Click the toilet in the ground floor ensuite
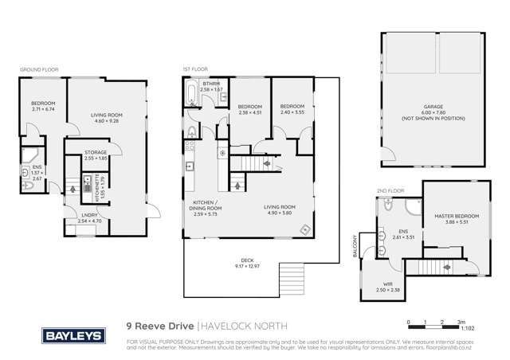coord(29,185)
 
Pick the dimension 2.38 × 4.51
coord(250,112)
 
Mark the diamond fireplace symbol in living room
coord(304,230)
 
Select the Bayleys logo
coord(73,335)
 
